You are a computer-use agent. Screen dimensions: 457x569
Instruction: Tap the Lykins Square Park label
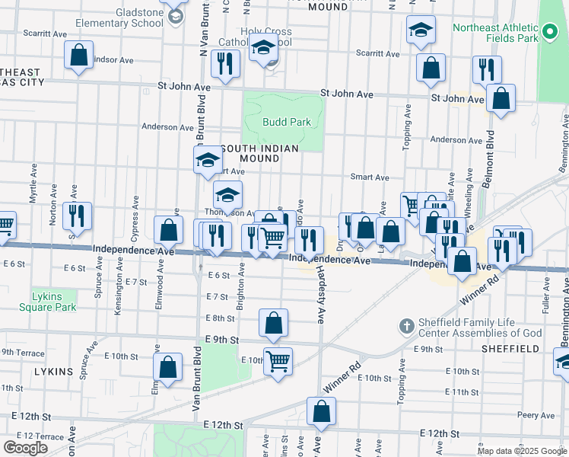tap(54, 302)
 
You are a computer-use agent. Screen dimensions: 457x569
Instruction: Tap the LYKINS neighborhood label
tap(54, 372)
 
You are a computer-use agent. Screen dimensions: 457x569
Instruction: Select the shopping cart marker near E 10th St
tap(278, 360)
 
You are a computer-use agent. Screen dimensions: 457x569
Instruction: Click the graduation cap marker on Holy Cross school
tap(264, 49)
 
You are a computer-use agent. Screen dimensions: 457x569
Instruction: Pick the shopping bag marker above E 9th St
tap(273, 323)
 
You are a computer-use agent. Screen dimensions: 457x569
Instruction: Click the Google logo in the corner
tap(26, 448)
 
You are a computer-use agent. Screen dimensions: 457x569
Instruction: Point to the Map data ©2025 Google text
tap(522, 451)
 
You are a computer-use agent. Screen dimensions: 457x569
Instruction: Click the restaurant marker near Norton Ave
tap(77, 216)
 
